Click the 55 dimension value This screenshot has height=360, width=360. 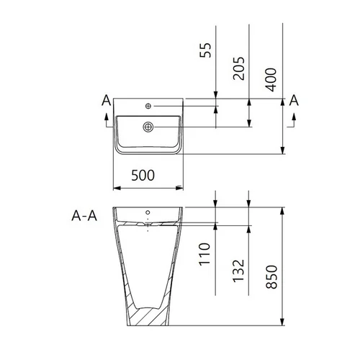tap(205, 50)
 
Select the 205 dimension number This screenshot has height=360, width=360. tap(239, 68)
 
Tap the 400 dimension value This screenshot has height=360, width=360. tap(271, 80)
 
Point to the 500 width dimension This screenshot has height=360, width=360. tap(143, 175)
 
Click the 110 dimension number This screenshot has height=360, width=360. tap(204, 254)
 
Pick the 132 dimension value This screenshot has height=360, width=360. tap(238, 271)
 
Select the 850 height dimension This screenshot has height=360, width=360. tap(271, 276)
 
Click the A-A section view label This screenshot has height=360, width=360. tap(84, 216)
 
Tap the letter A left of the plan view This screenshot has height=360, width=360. tap(107, 100)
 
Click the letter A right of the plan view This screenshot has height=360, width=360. tap(294, 100)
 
